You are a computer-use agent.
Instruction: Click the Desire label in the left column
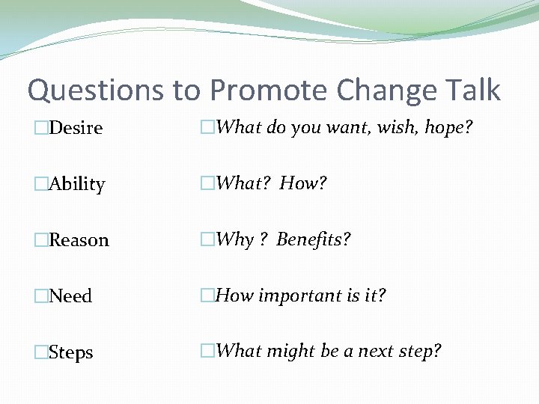(76, 128)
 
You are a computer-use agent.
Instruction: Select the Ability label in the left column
(76, 185)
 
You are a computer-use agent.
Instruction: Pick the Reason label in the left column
(79, 240)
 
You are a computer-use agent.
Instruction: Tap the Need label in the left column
(70, 296)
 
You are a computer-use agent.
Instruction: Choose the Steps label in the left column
(71, 352)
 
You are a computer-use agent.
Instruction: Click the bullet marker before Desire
(42, 128)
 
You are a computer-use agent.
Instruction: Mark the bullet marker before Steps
(42, 352)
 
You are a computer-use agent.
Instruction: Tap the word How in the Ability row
(302, 183)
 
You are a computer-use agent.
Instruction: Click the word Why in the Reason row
(234, 240)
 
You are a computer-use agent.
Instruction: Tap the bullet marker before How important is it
(208, 296)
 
